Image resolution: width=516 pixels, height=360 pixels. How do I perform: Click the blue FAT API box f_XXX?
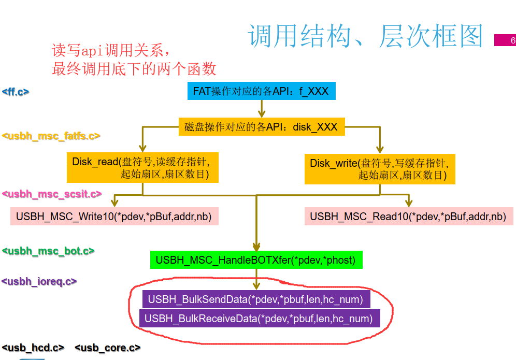261,91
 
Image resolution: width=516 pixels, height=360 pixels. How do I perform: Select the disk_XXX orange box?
262,127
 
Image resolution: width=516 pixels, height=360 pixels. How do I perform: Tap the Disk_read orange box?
142,167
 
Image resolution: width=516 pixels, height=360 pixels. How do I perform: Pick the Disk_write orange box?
380,169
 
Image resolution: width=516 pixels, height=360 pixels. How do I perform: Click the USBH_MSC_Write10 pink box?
114,216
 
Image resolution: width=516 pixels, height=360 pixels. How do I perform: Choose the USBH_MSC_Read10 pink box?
408,216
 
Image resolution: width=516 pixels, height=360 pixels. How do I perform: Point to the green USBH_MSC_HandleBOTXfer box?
256,260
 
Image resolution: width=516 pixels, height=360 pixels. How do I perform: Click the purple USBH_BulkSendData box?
255,299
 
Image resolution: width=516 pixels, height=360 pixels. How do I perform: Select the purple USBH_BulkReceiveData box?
259,319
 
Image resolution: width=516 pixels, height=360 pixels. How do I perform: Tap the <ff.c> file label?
16,92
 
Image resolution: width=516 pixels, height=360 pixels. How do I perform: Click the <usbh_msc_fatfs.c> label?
51,136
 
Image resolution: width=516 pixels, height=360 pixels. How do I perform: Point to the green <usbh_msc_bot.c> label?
48,251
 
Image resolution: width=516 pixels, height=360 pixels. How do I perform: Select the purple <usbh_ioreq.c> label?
39,282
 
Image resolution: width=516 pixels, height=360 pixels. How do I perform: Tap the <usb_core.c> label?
108,348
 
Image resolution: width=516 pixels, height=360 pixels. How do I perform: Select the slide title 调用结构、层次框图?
365,36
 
